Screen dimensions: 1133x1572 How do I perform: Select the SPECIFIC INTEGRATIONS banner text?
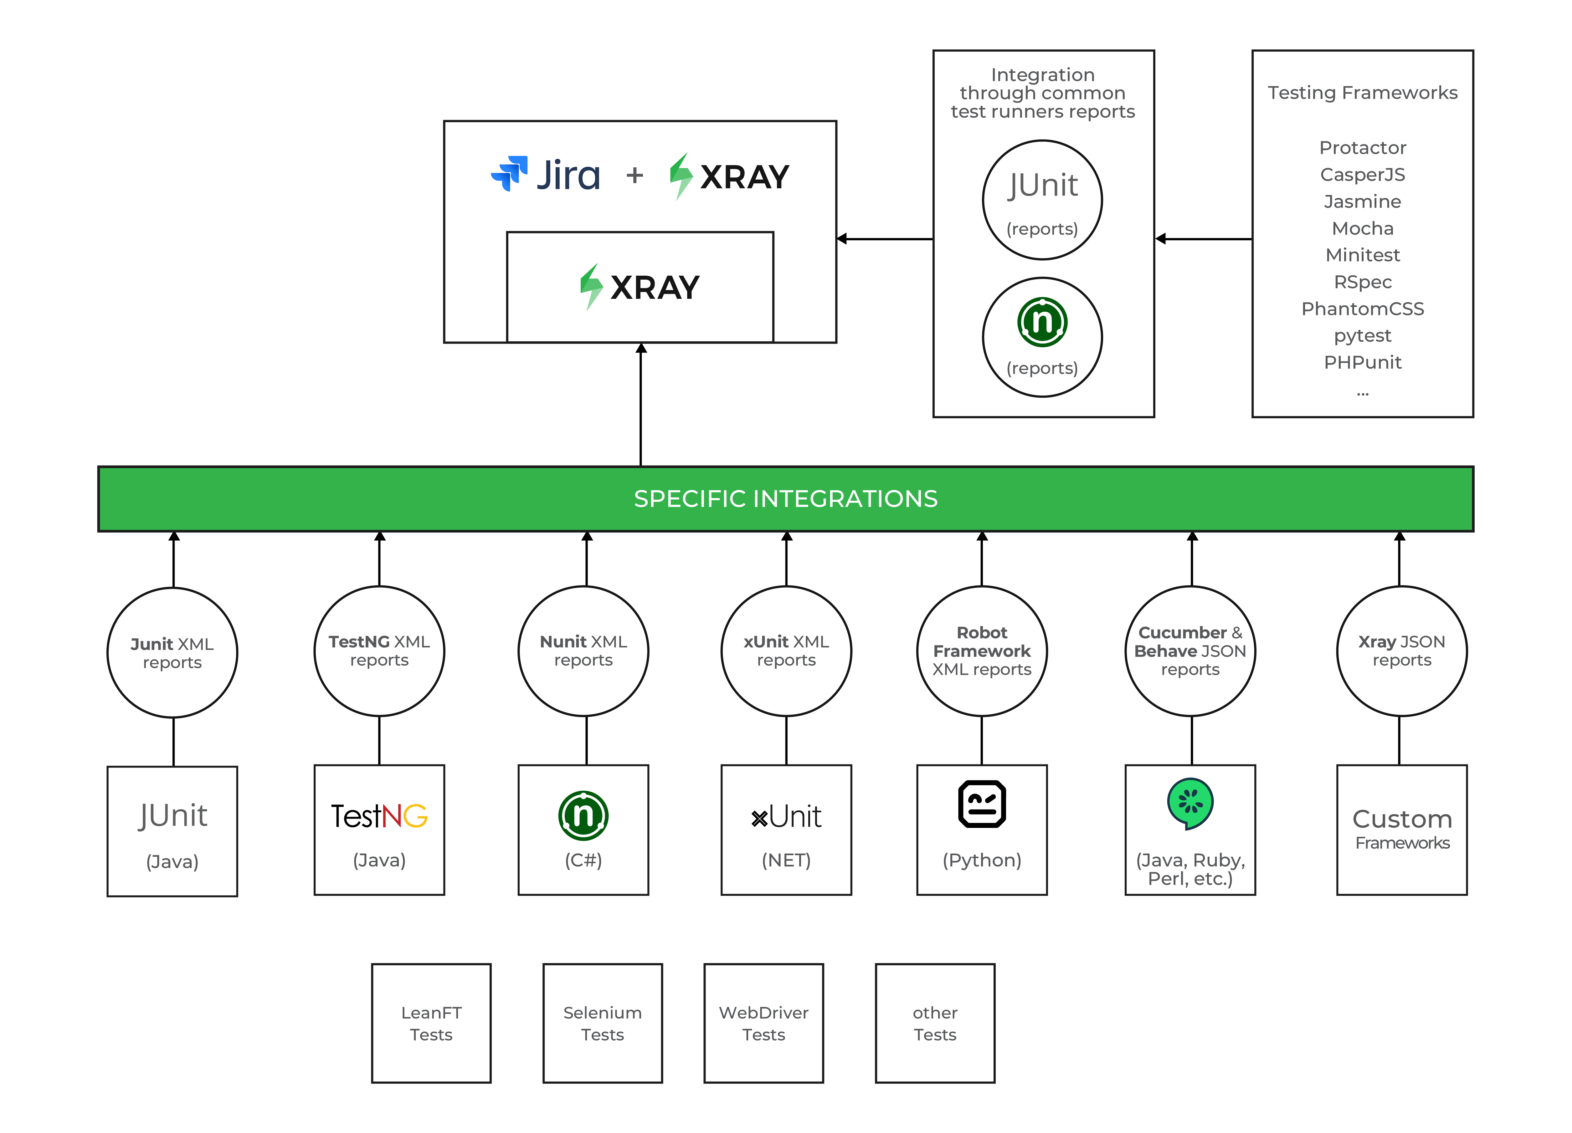(785, 499)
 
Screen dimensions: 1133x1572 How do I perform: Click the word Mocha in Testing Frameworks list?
(1362, 228)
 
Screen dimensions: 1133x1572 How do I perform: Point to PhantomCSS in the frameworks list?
(1362, 309)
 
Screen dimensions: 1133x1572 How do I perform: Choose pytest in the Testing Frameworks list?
(1362, 335)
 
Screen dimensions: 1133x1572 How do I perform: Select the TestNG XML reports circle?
(379, 651)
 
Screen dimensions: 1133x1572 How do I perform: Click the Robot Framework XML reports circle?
(981, 651)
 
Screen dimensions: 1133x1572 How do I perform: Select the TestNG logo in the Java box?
(379, 816)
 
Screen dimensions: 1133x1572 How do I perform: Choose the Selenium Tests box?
(602, 1023)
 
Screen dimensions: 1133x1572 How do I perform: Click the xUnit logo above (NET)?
(786, 817)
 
